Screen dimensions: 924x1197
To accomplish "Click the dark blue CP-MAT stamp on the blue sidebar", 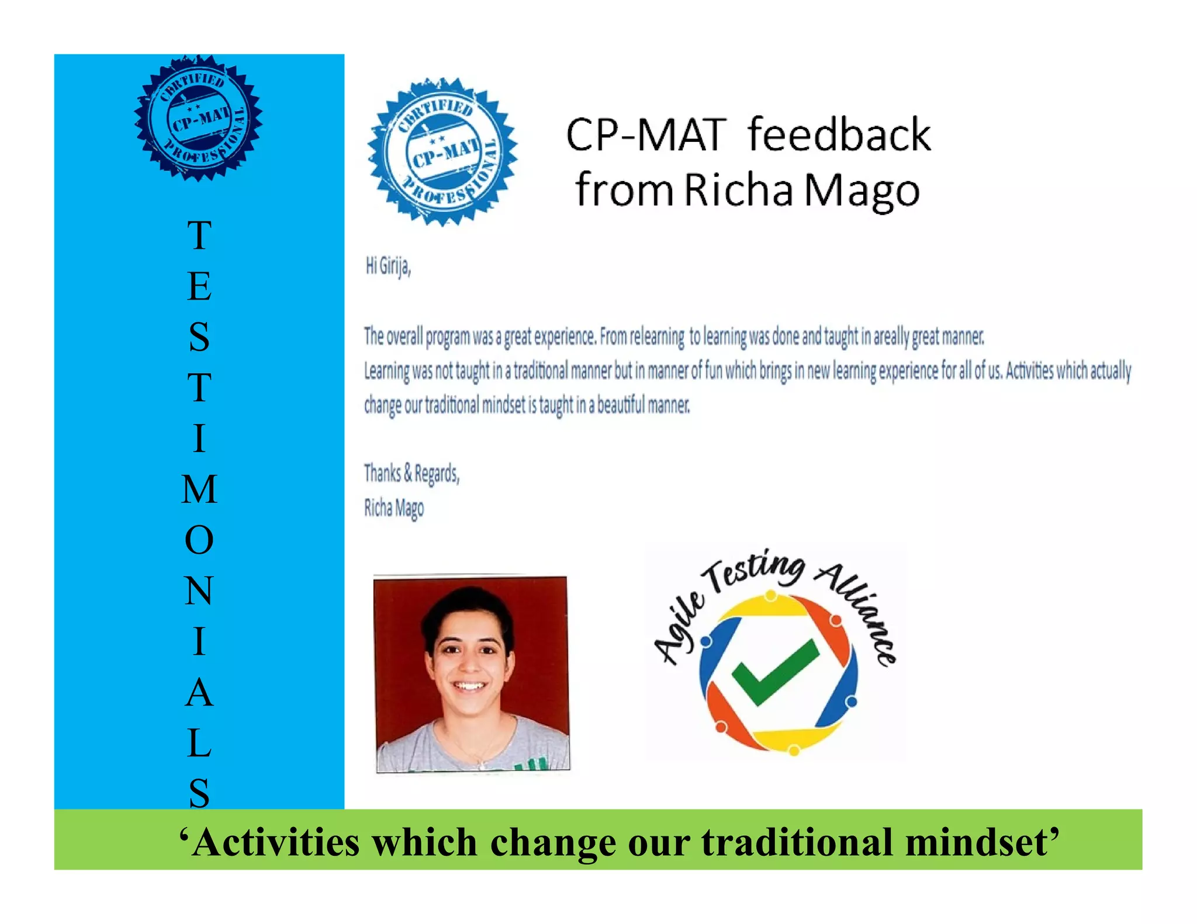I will [x=199, y=119].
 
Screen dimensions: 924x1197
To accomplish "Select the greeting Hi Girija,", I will [x=388, y=267].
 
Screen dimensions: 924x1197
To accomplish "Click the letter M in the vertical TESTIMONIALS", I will [x=199, y=489].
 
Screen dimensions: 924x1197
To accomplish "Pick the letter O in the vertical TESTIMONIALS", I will [x=199, y=540].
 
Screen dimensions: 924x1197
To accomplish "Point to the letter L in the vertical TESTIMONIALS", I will [x=199, y=744].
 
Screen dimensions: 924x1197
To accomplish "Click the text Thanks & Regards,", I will [x=411, y=473].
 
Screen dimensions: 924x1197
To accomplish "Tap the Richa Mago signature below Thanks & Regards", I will [x=394, y=508].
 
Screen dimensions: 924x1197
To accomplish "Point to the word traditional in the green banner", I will [x=797, y=842].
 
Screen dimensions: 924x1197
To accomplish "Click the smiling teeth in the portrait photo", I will [x=470, y=686].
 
